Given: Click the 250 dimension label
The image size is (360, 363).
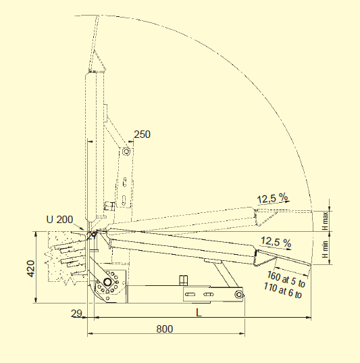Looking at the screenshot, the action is point(143,135).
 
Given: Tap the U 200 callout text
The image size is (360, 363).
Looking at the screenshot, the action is point(59,220).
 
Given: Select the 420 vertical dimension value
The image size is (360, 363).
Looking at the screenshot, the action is point(31,268).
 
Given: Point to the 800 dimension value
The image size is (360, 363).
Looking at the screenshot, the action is point(165,329).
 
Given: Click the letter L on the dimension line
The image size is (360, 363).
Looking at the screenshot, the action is point(199,313).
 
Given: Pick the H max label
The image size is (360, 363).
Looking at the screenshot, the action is point(326,221).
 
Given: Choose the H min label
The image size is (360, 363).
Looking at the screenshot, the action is point(326,249).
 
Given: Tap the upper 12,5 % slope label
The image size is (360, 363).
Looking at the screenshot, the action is point(273,199).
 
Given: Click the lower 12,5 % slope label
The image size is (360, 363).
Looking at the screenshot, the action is point(276,242).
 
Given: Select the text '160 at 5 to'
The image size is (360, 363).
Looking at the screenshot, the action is point(286,279).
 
